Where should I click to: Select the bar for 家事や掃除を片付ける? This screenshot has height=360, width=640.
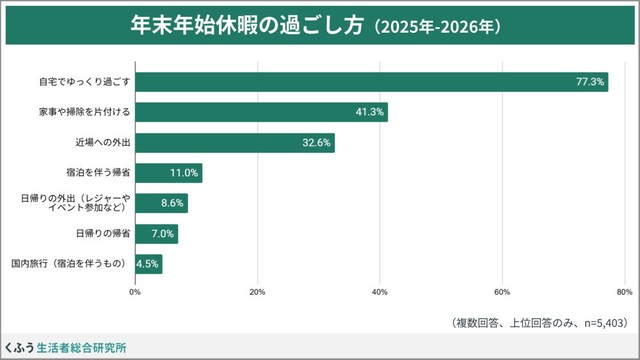260,112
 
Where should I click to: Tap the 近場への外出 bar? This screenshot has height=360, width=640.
234,142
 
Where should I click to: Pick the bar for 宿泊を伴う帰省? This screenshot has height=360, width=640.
168,173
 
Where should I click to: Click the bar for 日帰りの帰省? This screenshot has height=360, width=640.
156,234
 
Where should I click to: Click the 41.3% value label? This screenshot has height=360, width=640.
370,112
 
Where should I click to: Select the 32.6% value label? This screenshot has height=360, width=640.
317,142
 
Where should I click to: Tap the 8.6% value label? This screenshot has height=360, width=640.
172,203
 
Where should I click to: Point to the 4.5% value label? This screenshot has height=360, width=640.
148,264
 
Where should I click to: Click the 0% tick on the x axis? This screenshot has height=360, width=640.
135,292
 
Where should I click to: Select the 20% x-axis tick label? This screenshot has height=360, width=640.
257,292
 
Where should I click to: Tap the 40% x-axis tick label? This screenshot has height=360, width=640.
379,292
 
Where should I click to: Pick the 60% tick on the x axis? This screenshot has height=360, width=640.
501,292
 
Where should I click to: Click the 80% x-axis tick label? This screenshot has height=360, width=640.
623,292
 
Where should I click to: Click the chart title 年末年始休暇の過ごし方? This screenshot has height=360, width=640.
250,23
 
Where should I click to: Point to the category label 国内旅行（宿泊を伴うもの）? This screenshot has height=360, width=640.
69,264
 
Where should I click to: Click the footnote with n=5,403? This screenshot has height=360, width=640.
539,323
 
